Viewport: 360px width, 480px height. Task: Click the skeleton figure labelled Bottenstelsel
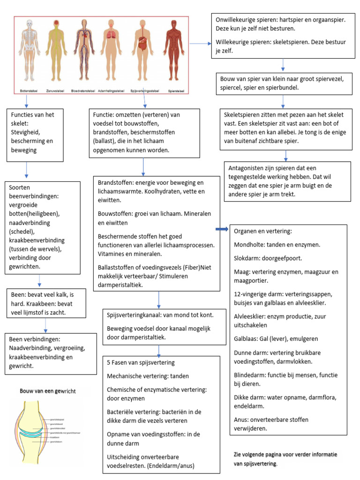30,52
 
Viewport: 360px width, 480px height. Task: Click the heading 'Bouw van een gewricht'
47,390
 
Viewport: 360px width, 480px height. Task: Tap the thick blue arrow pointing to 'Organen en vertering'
222,229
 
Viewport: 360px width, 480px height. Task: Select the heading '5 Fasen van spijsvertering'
141,362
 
